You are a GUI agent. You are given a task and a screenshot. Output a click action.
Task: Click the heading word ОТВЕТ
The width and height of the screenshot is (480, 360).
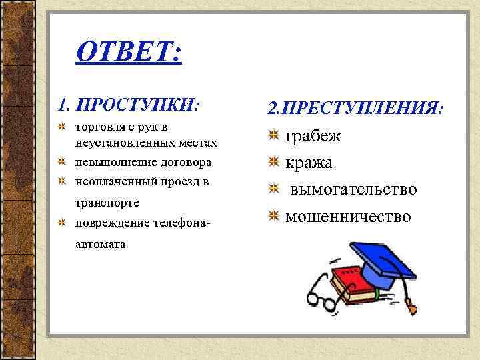tap(128, 51)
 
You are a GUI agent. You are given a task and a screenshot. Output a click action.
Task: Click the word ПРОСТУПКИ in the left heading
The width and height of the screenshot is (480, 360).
tap(138, 105)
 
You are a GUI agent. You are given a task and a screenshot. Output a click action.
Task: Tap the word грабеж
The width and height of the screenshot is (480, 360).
tap(313, 136)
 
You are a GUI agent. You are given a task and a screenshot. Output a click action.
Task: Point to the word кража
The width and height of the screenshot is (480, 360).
tap(309, 163)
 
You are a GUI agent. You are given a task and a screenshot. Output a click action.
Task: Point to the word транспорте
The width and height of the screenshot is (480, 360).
tap(107, 201)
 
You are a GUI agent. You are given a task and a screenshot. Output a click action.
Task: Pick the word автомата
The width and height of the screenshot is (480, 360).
tap(100, 243)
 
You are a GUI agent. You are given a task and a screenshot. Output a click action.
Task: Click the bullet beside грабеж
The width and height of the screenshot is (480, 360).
tap(273, 136)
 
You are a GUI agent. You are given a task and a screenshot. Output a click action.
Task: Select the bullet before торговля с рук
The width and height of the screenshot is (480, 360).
tap(62, 127)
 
